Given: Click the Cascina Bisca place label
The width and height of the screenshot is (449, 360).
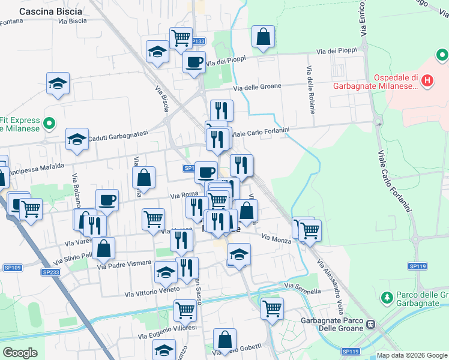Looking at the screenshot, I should [50, 11].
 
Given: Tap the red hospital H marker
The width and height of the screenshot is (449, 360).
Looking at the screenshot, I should [427, 80].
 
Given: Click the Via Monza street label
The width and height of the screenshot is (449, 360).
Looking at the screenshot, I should [276, 239].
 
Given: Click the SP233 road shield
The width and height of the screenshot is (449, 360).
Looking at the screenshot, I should [50, 272].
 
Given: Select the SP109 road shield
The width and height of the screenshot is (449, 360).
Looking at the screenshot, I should [12, 268].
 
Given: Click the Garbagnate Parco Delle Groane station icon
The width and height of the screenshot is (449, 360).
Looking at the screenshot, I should [371, 325].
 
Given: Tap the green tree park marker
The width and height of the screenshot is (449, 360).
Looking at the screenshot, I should [387, 296].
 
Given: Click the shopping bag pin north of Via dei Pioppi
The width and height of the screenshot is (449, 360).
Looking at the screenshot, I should [263, 37].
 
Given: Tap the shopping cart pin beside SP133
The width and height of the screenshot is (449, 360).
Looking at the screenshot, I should [180, 38].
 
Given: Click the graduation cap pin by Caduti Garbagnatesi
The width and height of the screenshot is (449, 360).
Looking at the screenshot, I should [77, 140].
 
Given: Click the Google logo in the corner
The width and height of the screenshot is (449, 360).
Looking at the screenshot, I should [20, 352].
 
